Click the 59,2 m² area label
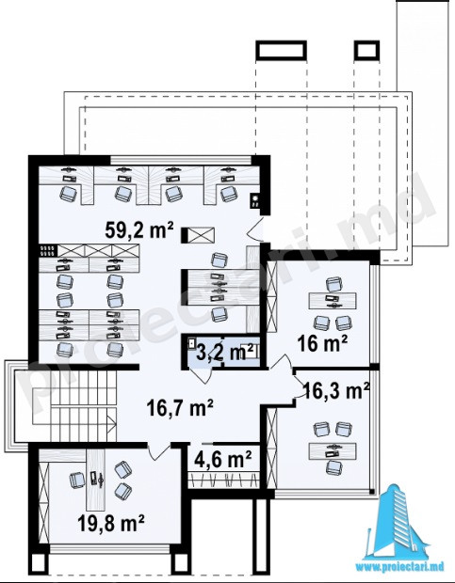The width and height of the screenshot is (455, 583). pyautogui.click(x=139, y=229)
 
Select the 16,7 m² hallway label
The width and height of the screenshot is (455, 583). pyautogui.click(x=180, y=408)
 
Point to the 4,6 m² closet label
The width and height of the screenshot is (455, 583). pyautogui.click(x=223, y=459)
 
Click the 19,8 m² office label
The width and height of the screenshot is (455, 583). pyautogui.click(x=111, y=524)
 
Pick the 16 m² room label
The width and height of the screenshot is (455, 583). pyautogui.click(x=322, y=343)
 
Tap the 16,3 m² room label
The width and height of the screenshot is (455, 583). pyautogui.click(x=336, y=390)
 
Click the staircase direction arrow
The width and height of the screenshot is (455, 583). pyautogui.click(x=111, y=424)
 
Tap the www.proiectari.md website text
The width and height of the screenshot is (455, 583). pyautogui.click(x=399, y=567)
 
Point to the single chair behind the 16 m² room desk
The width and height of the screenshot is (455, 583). pyautogui.click(x=334, y=284)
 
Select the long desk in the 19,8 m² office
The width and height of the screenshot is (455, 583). pyautogui.click(x=96, y=480)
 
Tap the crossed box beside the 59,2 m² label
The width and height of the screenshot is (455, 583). pyautogui.click(x=201, y=235)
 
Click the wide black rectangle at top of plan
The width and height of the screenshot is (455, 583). pyautogui.click(x=281, y=50)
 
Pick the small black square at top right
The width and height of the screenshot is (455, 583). pyautogui.click(x=366, y=50)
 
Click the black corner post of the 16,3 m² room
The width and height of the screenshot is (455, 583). pyautogui.click(x=371, y=492)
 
